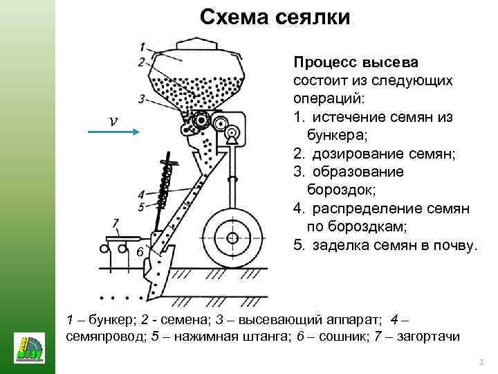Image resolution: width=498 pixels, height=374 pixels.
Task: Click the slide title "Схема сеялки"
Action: [x=275, y=17]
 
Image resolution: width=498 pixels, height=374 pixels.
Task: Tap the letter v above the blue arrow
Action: [x=113, y=120]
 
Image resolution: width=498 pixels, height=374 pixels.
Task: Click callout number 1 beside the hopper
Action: [x=141, y=47]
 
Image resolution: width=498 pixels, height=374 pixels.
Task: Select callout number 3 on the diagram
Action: [x=141, y=98]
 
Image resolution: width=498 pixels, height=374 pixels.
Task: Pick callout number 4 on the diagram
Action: [x=141, y=195]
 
